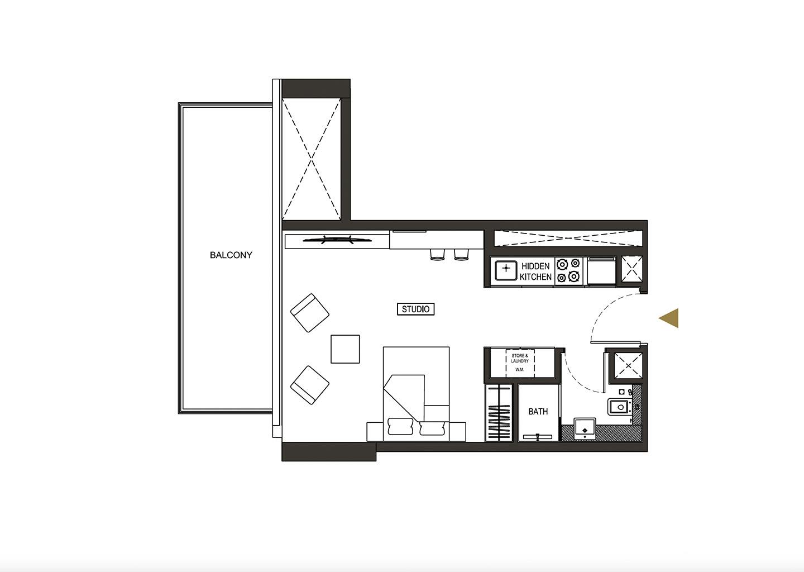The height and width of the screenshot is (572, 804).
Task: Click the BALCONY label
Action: [231, 255]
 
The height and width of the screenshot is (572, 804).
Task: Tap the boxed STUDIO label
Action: [415, 309]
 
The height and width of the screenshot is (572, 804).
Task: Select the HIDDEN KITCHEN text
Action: [535, 271]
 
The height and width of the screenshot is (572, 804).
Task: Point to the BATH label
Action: [538, 412]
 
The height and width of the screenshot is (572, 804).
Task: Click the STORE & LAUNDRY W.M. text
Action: [520, 363]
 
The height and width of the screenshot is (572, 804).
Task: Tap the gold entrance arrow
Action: [669, 318]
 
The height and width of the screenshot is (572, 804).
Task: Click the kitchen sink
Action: [506, 270]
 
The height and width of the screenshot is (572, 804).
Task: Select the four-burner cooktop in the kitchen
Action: [568, 270]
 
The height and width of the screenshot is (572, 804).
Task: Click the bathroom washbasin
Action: [585, 428]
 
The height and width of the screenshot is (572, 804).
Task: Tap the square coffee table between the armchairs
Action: [345, 349]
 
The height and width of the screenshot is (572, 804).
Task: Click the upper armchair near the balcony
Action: [310, 313]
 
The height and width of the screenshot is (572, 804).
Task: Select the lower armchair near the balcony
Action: [310, 385]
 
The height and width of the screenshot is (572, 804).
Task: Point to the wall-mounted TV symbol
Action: [337, 240]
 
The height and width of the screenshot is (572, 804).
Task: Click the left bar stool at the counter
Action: [437, 254]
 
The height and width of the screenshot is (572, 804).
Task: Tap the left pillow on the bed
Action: [400, 426]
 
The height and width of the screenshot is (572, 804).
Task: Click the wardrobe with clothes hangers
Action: [499, 413]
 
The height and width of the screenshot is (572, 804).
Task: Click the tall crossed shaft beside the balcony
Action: [311, 159]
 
